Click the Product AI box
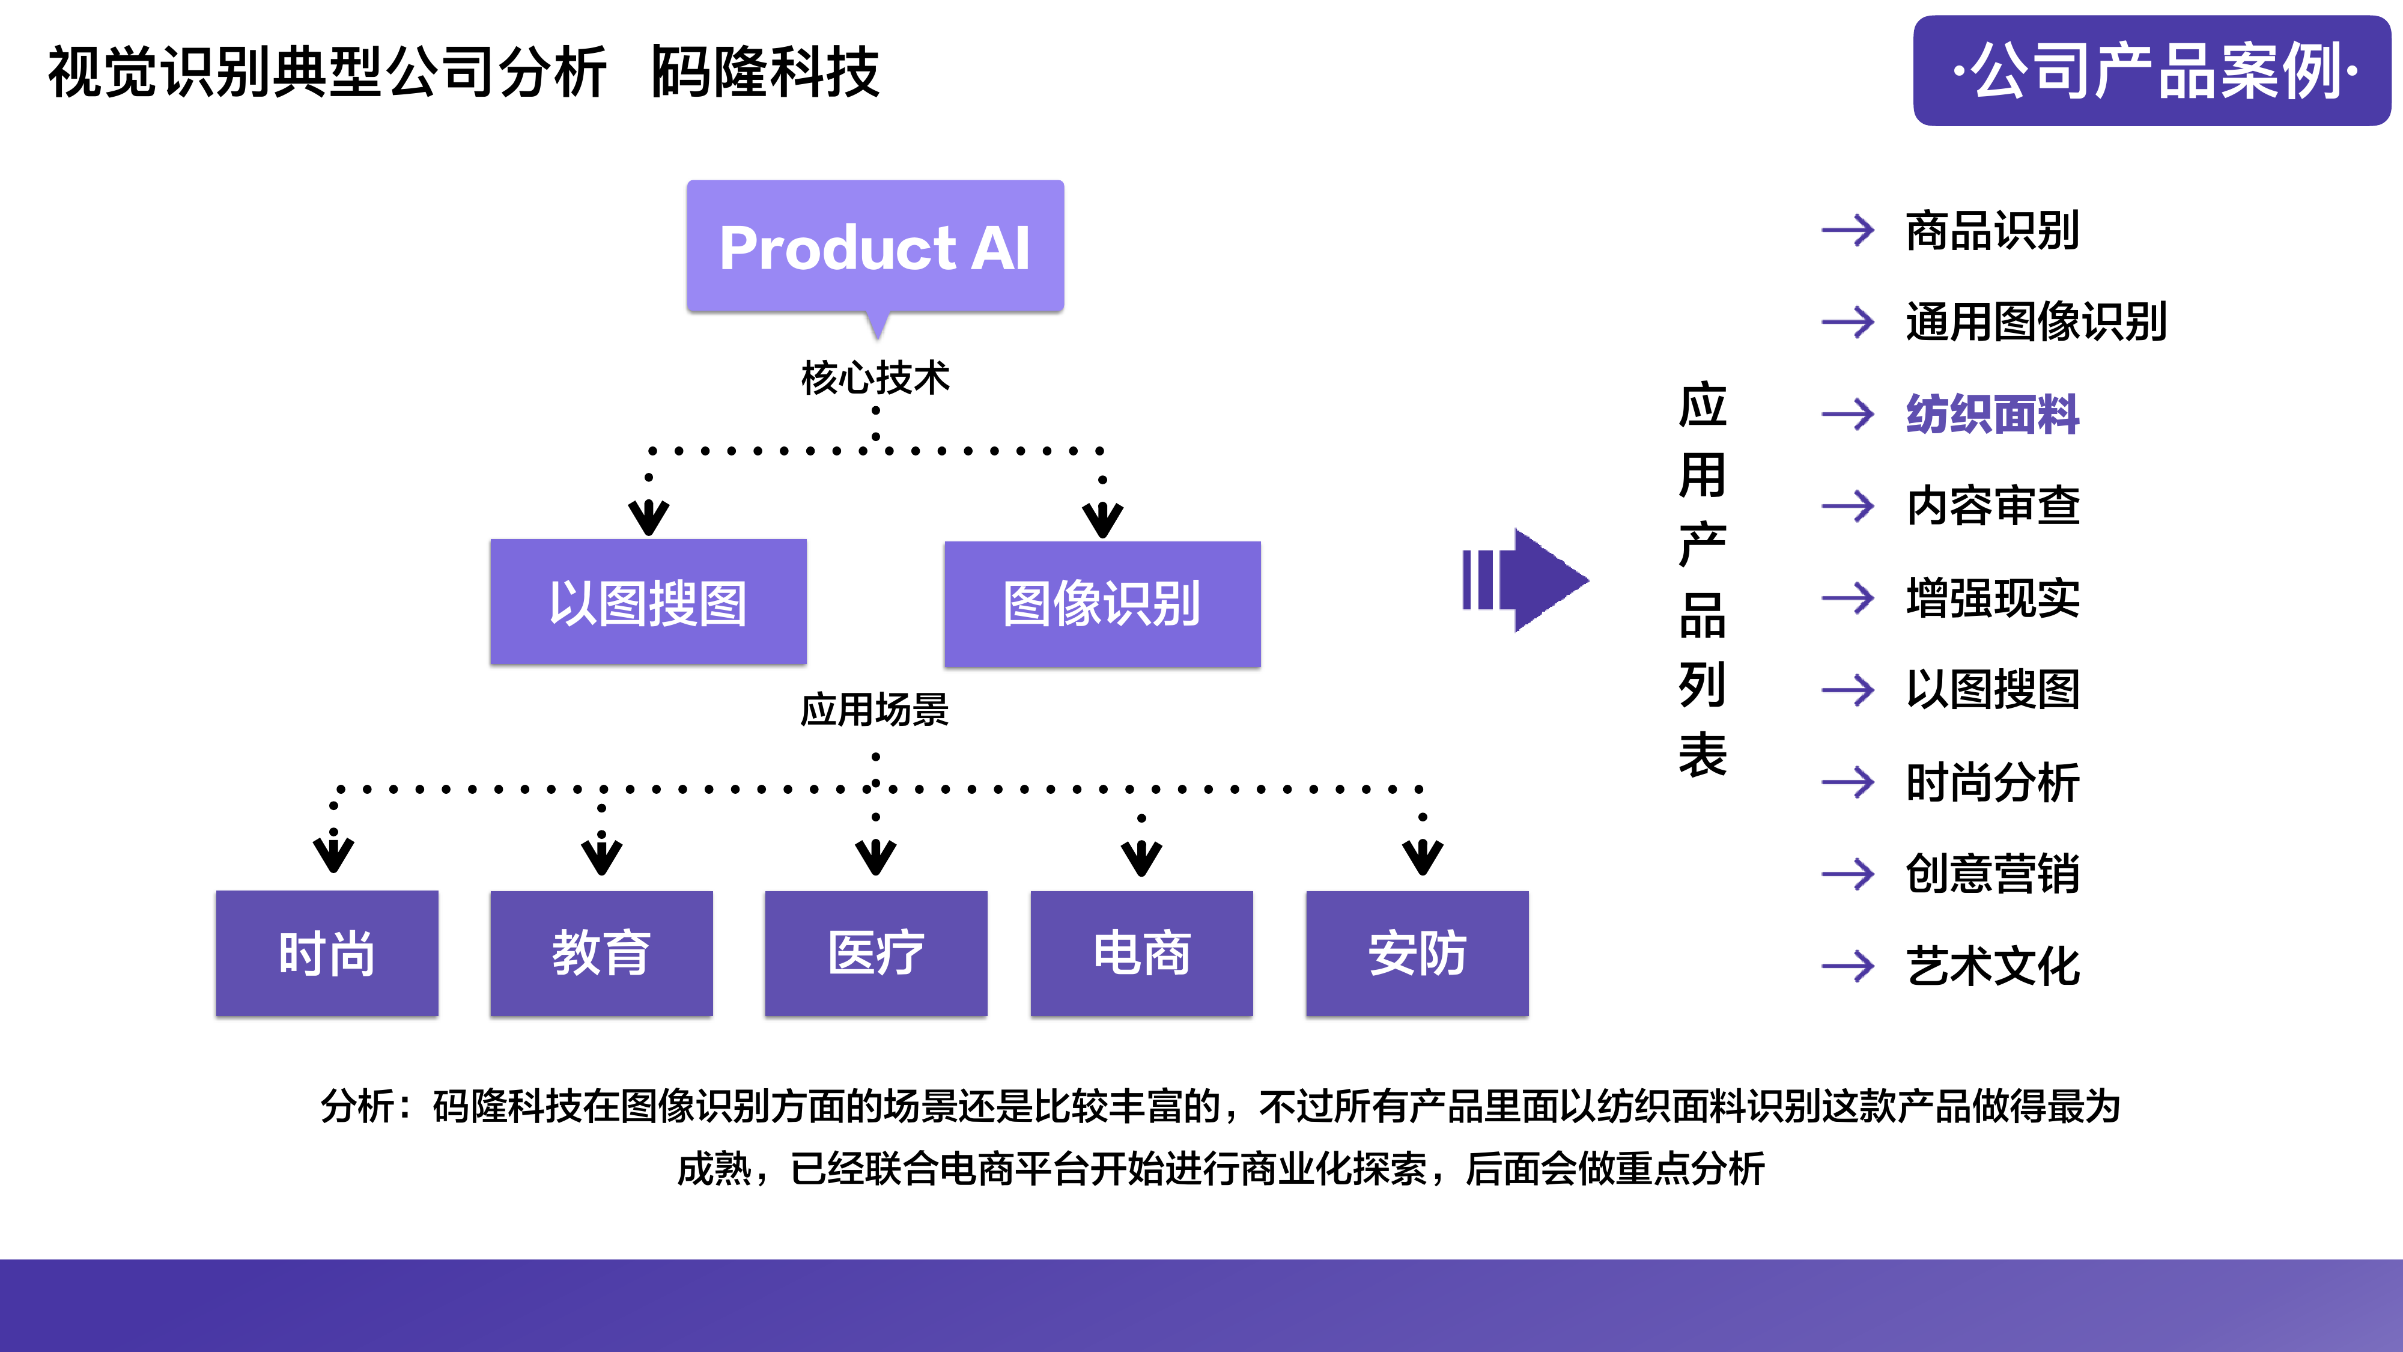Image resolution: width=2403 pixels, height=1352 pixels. coord(875,246)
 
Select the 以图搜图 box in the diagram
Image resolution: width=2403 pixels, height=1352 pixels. coord(648,602)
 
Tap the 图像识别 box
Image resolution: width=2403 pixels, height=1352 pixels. coord(1102,604)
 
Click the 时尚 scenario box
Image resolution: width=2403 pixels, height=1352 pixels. coord(326,952)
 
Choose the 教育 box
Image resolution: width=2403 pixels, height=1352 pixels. coord(601,952)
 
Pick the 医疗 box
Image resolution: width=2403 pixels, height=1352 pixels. coord(875,952)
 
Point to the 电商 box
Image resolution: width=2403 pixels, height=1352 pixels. coord(1141,952)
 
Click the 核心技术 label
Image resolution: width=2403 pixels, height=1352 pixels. coord(875,378)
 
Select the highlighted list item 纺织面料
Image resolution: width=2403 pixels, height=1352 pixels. coord(1993,414)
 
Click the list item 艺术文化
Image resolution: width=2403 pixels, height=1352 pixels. coord(1993,966)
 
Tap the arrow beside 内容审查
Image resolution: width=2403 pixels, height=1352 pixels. coord(1847,506)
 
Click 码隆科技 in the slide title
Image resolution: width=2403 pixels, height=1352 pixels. coord(765,72)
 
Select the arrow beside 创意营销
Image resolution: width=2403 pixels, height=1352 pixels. coord(1847,873)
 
